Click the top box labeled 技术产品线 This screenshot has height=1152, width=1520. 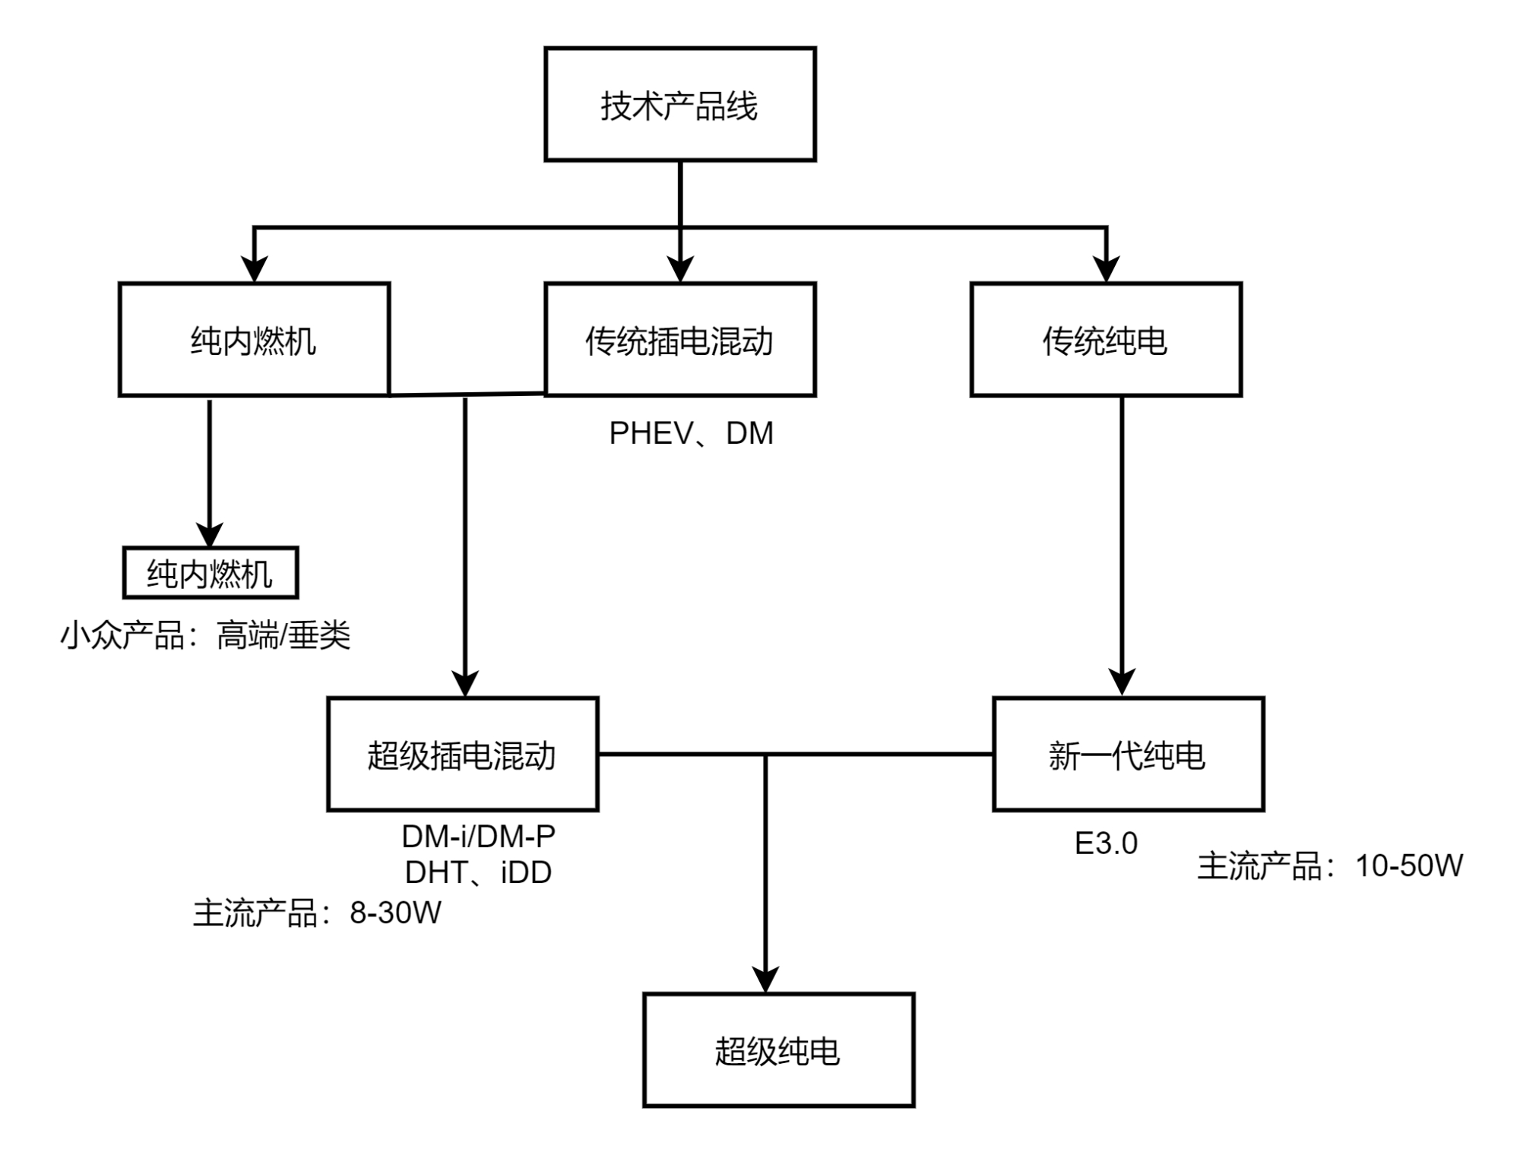tap(679, 104)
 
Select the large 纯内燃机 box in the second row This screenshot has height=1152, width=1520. tap(254, 340)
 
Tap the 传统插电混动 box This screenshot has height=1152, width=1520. tap(679, 340)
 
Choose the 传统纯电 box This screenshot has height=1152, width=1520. tap(1106, 340)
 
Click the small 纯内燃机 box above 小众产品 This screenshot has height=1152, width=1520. tap(210, 573)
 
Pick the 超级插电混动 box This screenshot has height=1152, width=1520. tap(462, 755)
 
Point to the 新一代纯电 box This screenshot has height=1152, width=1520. tap(1128, 755)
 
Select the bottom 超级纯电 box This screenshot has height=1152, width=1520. tap(778, 1050)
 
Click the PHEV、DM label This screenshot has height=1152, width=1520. tap(691, 434)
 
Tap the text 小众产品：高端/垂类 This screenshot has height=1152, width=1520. tap(205, 635)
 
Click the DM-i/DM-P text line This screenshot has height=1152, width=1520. tap(478, 837)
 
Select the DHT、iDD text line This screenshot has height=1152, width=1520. tap(478, 872)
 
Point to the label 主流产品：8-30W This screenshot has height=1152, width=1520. tap(317, 913)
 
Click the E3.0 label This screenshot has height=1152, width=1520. tap(1106, 843)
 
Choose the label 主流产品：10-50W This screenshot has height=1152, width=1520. tap(1330, 866)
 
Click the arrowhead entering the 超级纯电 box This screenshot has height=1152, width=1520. tap(765, 980)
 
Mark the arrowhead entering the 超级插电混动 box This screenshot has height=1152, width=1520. tap(464, 683)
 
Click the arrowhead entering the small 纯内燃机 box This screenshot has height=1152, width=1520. tap(210, 534)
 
